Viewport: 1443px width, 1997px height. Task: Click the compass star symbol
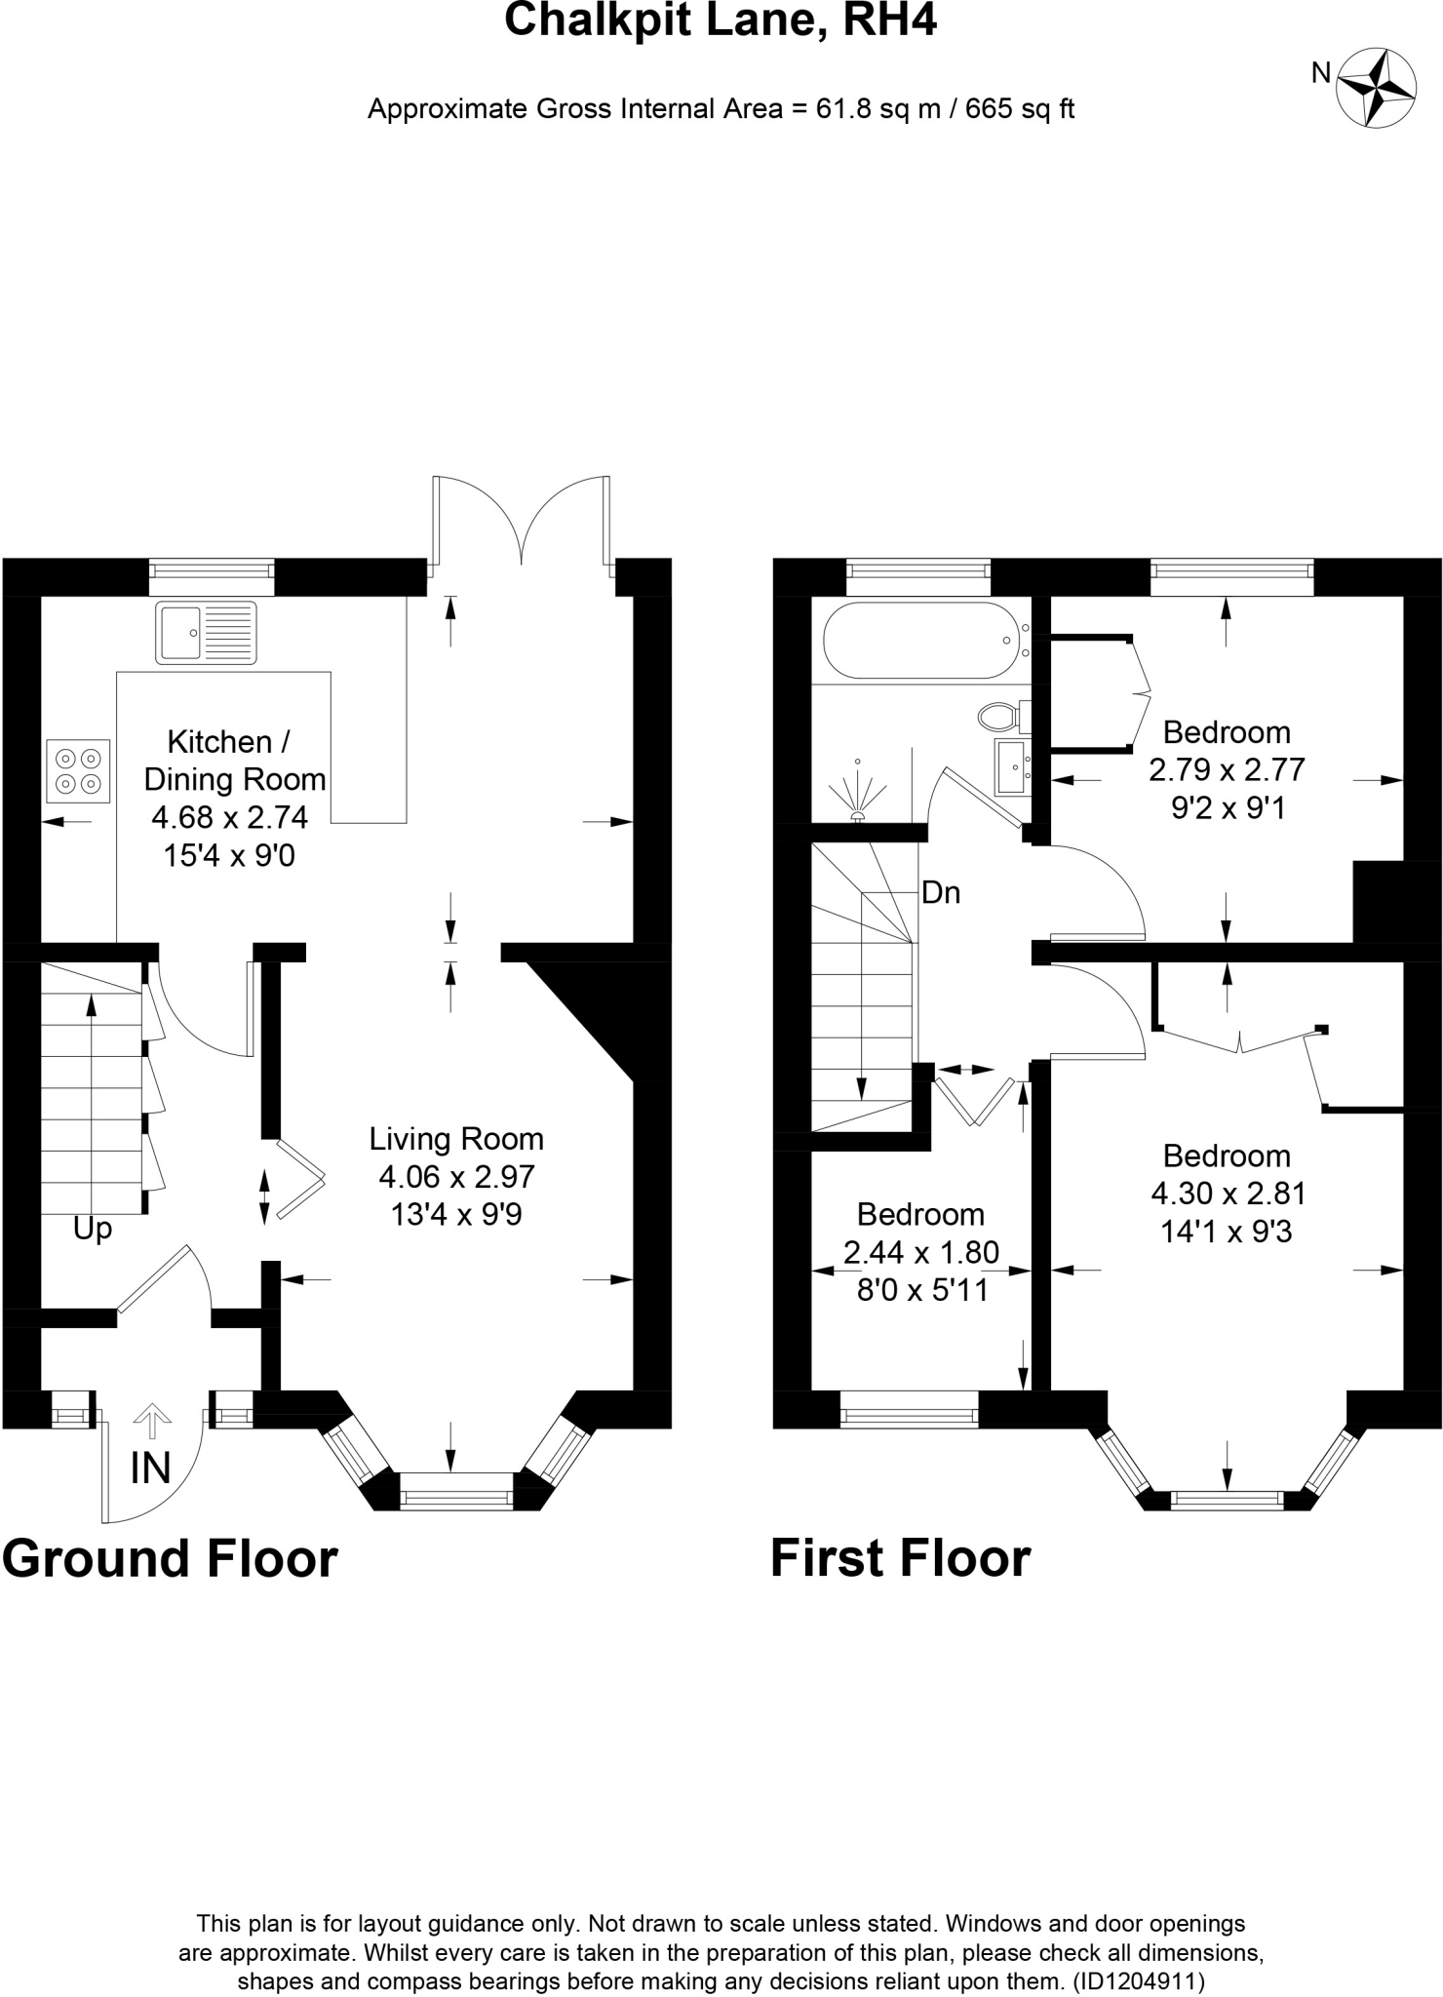click(x=1376, y=87)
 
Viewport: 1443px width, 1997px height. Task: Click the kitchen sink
click(x=206, y=633)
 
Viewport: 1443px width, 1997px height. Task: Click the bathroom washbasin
click(x=1012, y=766)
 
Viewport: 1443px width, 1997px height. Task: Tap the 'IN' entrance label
click(x=151, y=1468)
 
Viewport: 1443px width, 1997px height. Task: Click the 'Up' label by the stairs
click(x=93, y=1230)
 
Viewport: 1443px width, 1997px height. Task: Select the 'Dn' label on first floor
click(x=941, y=893)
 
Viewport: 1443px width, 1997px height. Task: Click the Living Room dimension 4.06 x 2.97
click(x=456, y=1177)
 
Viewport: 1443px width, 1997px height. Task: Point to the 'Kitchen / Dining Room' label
click(x=234, y=761)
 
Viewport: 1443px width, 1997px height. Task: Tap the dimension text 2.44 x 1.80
click(x=920, y=1252)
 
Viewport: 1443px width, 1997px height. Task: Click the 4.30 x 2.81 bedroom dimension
click(x=1228, y=1194)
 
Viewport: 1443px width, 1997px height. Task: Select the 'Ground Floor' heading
click(x=170, y=1558)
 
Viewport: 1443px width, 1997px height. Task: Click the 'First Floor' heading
click(x=900, y=1558)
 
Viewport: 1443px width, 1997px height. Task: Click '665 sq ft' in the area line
click(x=1020, y=109)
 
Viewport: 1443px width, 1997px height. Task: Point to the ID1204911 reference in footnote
click(x=1138, y=1981)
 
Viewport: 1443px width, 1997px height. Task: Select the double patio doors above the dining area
click(x=523, y=522)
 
